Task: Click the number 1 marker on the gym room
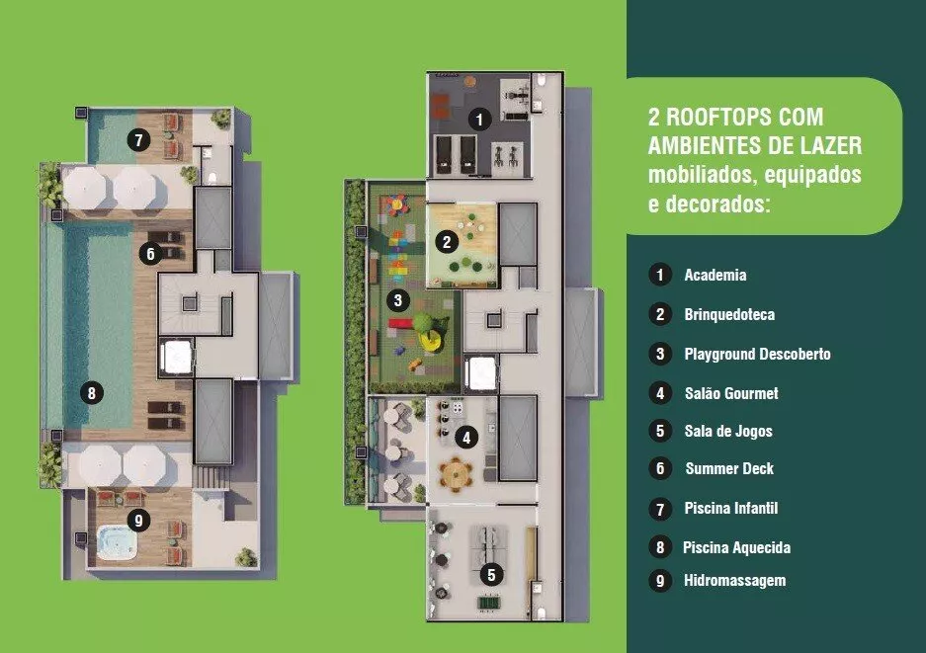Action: (x=479, y=120)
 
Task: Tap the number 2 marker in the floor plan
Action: (x=447, y=241)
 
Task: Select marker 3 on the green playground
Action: (x=397, y=300)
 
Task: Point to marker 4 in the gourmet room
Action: (x=466, y=438)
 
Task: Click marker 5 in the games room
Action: (x=491, y=574)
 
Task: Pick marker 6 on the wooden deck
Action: (x=150, y=253)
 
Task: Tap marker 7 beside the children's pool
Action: (x=138, y=140)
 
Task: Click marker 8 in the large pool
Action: (x=92, y=393)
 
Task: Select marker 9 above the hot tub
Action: (x=138, y=521)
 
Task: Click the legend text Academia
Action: (x=716, y=276)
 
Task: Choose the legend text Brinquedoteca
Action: (x=729, y=315)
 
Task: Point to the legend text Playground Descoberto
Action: (x=758, y=355)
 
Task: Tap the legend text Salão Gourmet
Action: (x=731, y=393)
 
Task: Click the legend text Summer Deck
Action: (x=729, y=469)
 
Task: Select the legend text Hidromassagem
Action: (x=734, y=580)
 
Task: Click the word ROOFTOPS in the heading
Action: (x=744, y=117)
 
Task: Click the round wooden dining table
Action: (x=456, y=474)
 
